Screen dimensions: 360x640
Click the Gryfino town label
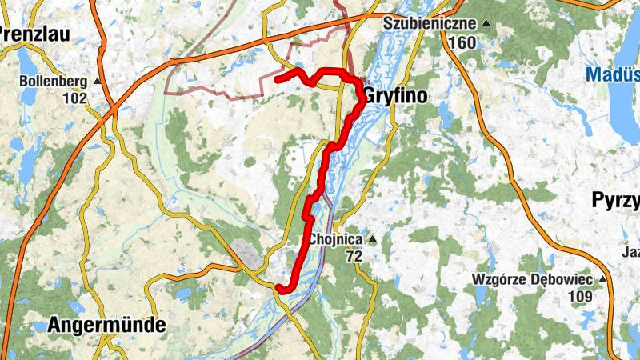(x=395, y=96)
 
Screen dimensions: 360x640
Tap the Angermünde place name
(x=106, y=325)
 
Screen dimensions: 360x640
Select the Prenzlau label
(x=35, y=34)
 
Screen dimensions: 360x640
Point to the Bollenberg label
(x=54, y=82)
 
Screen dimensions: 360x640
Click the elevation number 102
(x=75, y=98)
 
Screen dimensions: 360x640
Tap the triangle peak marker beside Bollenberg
(x=98, y=82)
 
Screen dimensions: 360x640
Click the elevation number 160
(x=462, y=42)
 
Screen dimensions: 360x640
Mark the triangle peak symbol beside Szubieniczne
(x=486, y=24)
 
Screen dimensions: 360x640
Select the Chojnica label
(x=336, y=239)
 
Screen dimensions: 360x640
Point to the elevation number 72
(x=354, y=257)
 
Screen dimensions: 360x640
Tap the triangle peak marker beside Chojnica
(x=372, y=238)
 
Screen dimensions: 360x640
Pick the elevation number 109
(x=580, y=297)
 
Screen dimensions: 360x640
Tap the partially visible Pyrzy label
(x=616, y=200)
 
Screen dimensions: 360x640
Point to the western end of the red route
(x=278, y=78)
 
